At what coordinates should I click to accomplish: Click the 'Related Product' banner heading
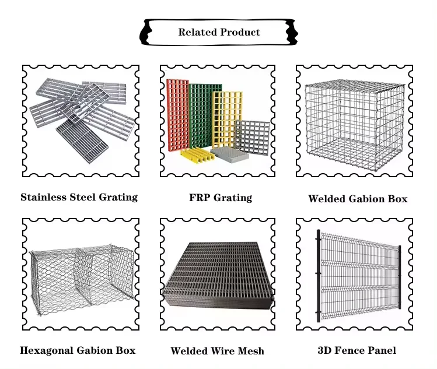[x=219, y=32]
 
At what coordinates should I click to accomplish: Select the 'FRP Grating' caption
[x=220, y=198]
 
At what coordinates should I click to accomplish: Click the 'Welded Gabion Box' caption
[x=358, y=199]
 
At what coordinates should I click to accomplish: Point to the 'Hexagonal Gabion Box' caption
[x=78, y=350]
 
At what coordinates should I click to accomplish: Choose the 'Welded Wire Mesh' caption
[x=217, y=351]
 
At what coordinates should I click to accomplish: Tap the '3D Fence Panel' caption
[x=356, y=350]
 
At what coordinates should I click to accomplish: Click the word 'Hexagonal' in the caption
[x=46, y=350]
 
